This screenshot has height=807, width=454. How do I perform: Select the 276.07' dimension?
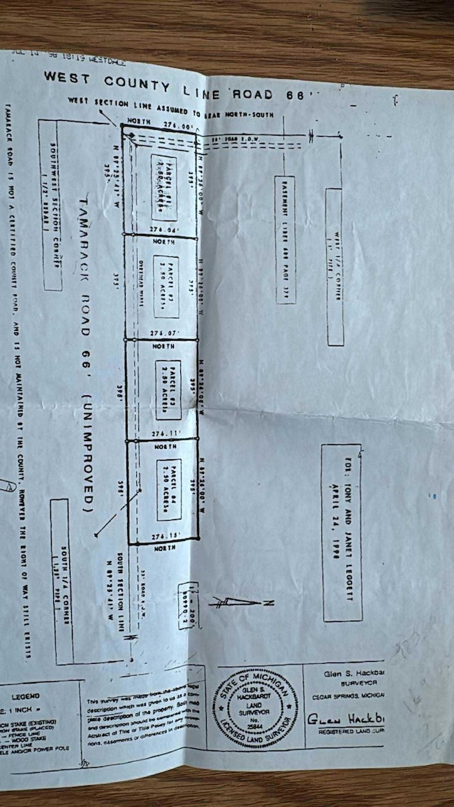[x=165, y=333]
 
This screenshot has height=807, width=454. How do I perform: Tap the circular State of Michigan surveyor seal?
[x=257, y=707]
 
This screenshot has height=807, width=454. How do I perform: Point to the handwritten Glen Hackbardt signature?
[x=346, y=718]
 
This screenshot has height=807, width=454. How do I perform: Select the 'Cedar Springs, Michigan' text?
[x=353, y=695]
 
